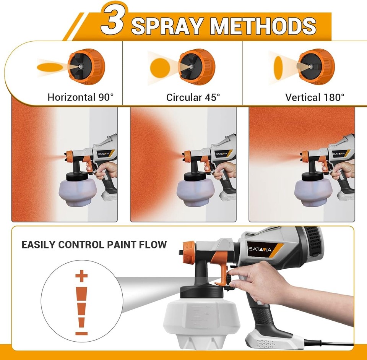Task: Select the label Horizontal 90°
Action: click(81, 97)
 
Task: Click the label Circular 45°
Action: click(193, 97)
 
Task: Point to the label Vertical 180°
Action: click(315, 97)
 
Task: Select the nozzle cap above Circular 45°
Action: click(196, 66)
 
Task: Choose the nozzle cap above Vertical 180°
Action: click(316, 66)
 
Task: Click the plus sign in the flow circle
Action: click(81, 276)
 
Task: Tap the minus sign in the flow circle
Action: click(81, 333)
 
